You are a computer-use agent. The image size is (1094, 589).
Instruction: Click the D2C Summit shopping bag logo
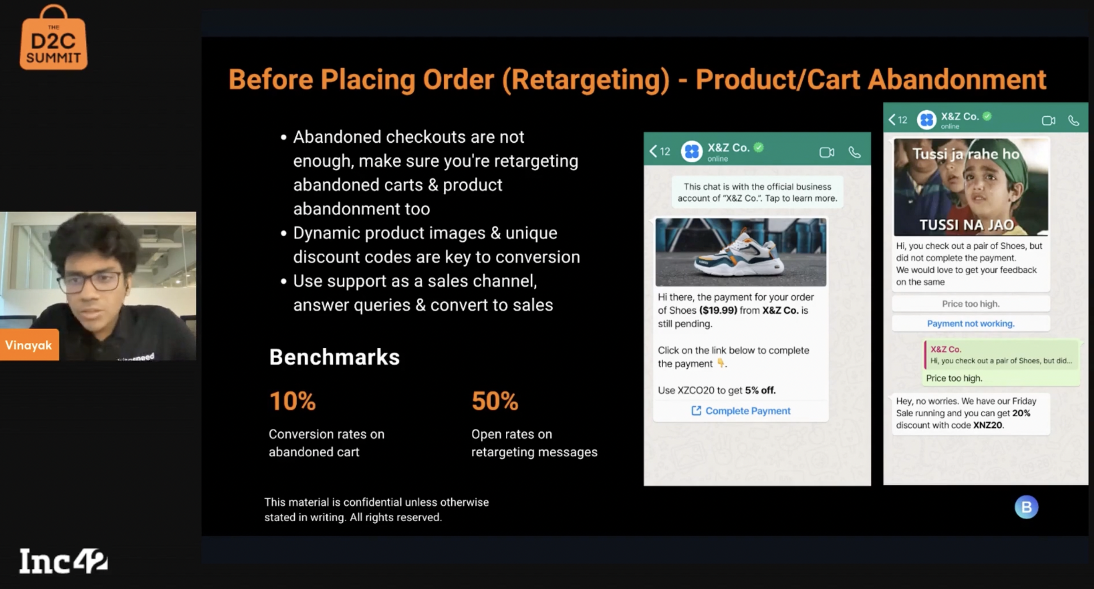pyautogui.click(x=54, y=38)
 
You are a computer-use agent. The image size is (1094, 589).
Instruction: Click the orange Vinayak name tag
pyautogui.click(x=29, y=345)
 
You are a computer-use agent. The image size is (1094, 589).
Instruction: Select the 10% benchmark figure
pyautogui.click(x=293, y=401)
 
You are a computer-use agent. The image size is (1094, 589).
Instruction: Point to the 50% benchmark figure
pyautogui.click(x=495, y=401)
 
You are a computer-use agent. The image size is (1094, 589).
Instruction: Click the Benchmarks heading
pyautogui.click(x=334, y=357)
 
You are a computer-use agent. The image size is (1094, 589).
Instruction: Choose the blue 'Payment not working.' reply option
pyautogui.click(x=970, y=324)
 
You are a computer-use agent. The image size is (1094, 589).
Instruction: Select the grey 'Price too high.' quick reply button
pyautogui.click(x=970, y=304)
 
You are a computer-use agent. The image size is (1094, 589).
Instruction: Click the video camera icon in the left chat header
pyautogui.click(x=827, y=152)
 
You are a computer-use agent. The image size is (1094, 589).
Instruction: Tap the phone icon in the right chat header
pyautogui.click(x=1073, y=120)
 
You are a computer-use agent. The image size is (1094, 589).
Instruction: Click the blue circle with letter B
pyautogui.click(x=1026, y=507)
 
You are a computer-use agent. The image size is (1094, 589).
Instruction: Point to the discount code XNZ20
pyautogui.click(x=987, y=425)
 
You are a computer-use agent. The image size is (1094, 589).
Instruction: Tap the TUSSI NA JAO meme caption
pyautogui.click(x=967, y=225)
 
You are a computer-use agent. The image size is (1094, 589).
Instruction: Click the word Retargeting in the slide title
pyautogui.click(x=586, y=80)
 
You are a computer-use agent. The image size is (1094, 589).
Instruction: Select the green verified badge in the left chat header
pyautogui.click(x=759, y=147)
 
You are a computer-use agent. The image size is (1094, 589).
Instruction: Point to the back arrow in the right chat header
pyautogui.click(x=891, y=120)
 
